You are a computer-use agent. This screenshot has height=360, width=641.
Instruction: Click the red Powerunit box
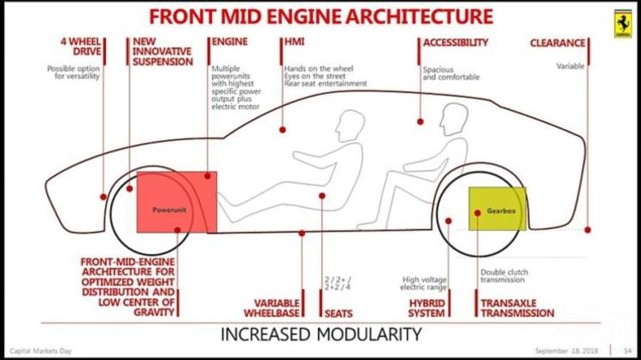pos(174,202)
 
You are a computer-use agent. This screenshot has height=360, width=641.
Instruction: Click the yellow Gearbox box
pos(497,209)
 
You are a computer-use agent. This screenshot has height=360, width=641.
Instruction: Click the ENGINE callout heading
pos(229,42)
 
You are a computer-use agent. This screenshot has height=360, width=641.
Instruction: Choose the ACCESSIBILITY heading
pos(456,42)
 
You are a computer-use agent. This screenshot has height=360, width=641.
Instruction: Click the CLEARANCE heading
pos(558,42)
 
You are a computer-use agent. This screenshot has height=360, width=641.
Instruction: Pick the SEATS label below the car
pos(338,313)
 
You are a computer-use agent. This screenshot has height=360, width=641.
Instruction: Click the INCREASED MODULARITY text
pos(320,333)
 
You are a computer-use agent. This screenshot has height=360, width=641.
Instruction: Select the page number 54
pos(627,351)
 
